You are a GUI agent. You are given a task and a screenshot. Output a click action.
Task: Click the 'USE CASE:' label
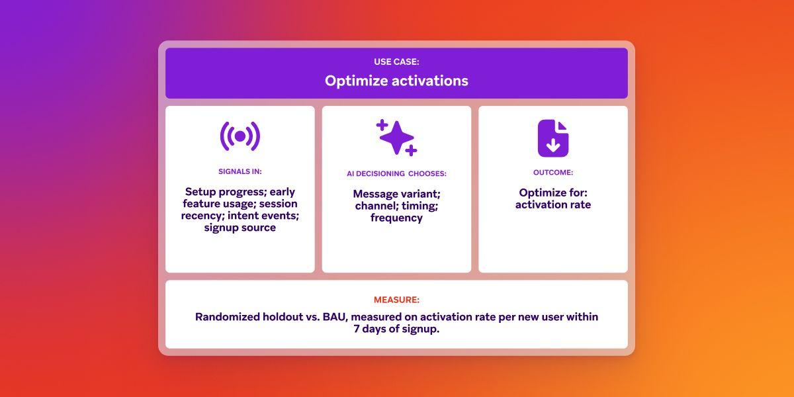pos(396,62)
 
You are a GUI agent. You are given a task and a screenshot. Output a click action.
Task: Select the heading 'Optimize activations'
pos(396,81)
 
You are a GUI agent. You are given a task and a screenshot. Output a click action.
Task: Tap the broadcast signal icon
pos(240,136)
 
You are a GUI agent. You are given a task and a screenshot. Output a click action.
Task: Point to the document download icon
pos(552,138)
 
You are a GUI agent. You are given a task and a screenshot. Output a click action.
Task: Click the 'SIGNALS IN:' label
pos(240,171)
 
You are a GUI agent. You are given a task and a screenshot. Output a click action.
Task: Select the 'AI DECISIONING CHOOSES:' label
pos(396,173)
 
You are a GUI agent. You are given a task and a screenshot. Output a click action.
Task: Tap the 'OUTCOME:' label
pos(552,172)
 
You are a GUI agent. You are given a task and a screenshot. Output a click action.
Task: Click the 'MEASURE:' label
pos(396,300)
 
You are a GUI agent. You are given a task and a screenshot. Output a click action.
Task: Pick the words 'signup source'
pos(240,228)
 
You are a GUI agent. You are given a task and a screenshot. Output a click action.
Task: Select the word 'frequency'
pos(396,218)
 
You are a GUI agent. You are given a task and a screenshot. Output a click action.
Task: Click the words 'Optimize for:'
pos(552,193)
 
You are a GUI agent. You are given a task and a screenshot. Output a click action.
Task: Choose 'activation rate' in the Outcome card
pos(552,204)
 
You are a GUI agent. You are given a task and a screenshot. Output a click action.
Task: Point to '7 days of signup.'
pos(396,329)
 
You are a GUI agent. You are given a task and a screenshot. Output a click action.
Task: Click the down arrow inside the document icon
pos(552,146)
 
